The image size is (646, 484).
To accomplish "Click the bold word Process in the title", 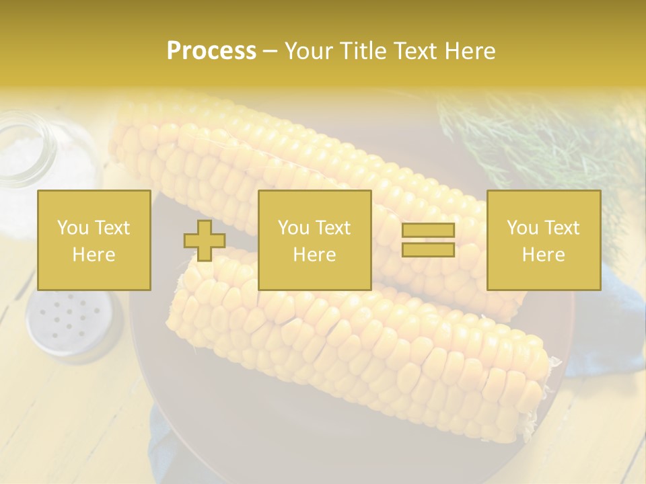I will point(211,51).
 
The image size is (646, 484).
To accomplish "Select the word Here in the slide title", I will point(468,51).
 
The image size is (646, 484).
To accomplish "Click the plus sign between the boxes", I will point(205,241).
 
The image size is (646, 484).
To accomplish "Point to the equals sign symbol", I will point(428,240).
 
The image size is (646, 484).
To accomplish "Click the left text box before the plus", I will point(94,240).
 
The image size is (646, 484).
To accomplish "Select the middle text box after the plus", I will point(314,240).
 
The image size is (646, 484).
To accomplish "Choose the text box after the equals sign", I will point(543,240).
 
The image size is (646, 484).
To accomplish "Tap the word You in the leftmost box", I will point(73,228).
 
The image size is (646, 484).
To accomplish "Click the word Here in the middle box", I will point(314,255).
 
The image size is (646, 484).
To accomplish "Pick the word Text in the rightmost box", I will point(561,228).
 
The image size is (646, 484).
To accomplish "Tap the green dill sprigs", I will point(538,134).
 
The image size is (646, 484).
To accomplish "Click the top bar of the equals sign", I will point(428,231).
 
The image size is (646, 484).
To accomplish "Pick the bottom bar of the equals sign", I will point(428,249).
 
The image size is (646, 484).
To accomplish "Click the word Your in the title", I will point(307,51).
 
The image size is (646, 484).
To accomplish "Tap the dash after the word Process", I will point(270,52).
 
